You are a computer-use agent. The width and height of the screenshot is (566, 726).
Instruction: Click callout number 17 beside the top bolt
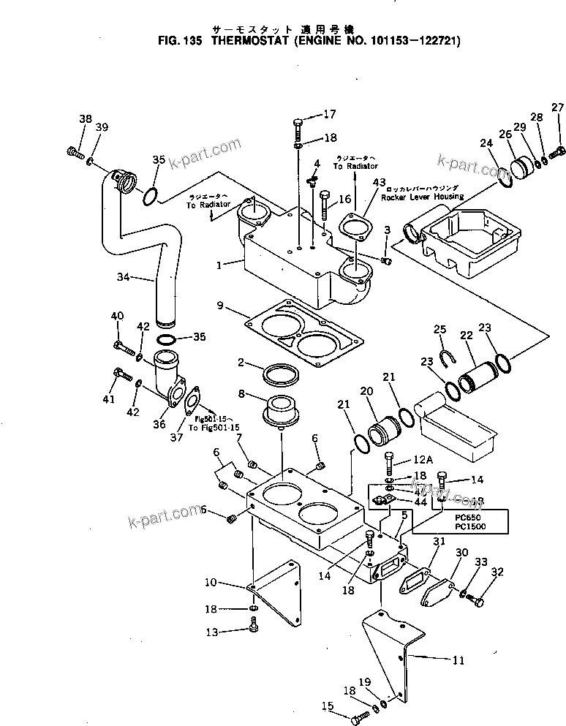tap(329, 114)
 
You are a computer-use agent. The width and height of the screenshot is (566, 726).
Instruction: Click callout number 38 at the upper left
tap(86, 119)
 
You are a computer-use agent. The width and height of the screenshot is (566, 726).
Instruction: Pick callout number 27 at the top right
tap(558, 108)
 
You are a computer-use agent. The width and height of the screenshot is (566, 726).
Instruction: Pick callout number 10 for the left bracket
tap(211, 582)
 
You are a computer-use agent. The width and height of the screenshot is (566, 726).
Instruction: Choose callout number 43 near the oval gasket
tap(378, 182)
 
